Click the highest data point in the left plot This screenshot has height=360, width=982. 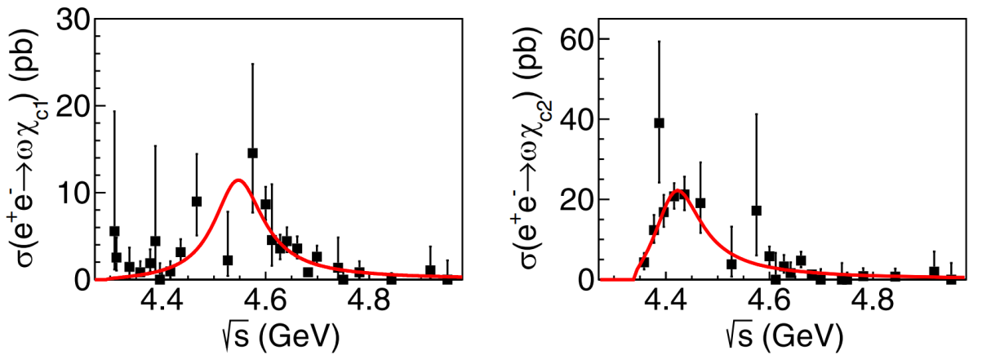[252, 153]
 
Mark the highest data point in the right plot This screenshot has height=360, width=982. [659, 123]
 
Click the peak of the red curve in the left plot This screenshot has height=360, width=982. [238, 180]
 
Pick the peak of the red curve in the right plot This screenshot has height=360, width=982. [677, 191]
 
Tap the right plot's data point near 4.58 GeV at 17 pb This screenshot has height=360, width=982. [757, 211]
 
